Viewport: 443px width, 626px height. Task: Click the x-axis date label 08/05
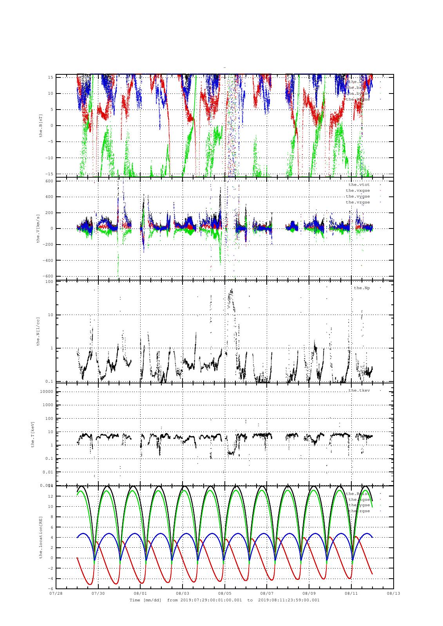(224, 593)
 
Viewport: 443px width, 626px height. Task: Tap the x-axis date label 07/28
(56, 593)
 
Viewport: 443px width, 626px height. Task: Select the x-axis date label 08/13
(393, 593)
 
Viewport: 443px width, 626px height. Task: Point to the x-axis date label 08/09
(309, 593)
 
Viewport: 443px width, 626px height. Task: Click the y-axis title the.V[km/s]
(38, 228)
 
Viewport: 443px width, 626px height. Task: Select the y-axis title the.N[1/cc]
(38, 331)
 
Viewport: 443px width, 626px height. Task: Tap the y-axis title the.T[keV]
(33, 434)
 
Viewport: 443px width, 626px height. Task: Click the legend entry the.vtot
(359, 185)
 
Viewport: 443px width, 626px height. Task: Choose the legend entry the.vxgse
(358, 191)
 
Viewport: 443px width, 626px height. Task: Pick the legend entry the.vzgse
(358, 202)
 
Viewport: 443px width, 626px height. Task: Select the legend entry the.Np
(362, 288)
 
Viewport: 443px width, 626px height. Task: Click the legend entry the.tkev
(359, 390)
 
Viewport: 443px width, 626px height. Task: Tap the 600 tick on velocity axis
(49, 181)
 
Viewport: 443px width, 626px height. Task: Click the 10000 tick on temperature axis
(47, 392)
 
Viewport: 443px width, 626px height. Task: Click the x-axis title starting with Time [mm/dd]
(224, 600)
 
